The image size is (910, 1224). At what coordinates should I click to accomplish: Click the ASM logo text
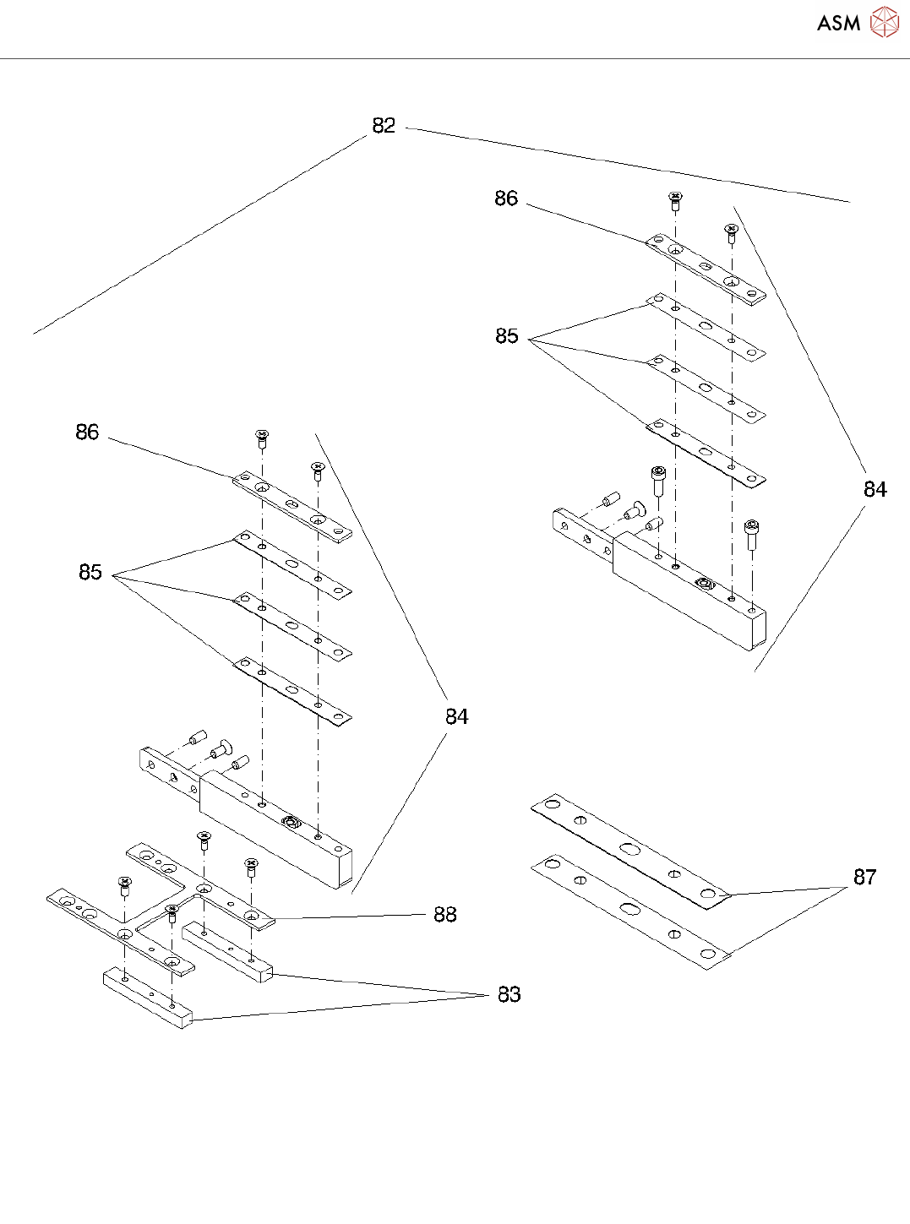pos(838,24)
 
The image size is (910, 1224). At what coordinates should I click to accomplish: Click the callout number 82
pos(384,126)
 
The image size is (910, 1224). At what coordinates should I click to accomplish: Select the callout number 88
pos(445,915)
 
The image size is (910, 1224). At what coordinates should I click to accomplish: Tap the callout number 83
pos(509,995)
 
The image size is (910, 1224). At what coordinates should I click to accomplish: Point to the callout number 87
pos(864,878)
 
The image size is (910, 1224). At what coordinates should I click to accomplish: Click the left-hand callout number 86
pos(87,432)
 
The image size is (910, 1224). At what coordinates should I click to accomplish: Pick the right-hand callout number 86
pos(506,199)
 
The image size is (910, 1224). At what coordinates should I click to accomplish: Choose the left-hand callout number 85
pos(90,573)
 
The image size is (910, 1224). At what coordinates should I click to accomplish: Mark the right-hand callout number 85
pos(507,336)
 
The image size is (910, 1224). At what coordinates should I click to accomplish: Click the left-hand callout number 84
pos(456,717)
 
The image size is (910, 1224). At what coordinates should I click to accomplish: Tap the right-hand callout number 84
pos(875,490)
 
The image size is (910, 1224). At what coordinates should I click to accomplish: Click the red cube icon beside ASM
pos(885,23)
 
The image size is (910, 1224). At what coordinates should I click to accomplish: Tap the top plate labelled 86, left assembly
pos(292,507)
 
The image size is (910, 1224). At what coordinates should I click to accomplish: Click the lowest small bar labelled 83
pos(148,999)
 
